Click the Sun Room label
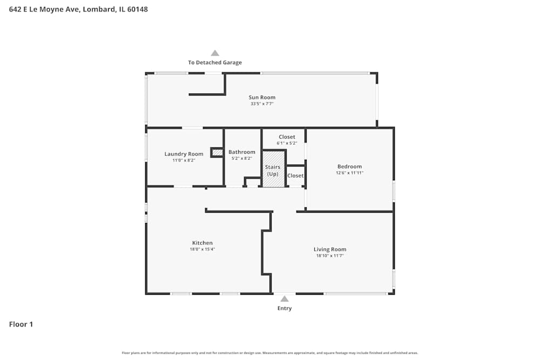pyautogui.click(x=262, y=98)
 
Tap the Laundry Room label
pyautogui.click(x=184, y=154)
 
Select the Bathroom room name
pyautogui.click(x=241, y=152)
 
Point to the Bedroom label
pyautogui.click(x=349, y=166)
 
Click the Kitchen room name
pyautogui.click(x=202, y=243)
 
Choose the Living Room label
pyautogui.click(x=329, y=249)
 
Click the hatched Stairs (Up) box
pyautogui.click(x=273, y=169)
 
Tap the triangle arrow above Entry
pyautogui.click(x=284, y=298)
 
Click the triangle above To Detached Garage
pyautogui.click(x=215, y=53)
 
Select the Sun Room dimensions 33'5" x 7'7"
pyautogui.click(x=262, y=104)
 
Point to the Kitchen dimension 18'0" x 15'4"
pyautogui.click(x=202, y=249)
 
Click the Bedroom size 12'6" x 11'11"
pyautogui.click(x=349, y=173)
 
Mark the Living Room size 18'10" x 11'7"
pyautogui.click(x=329, y=256)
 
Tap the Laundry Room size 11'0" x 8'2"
pyautogui.click(x=184, y=160)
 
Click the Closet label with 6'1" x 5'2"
pyautogui.click(x=287, y=137)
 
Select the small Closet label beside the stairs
pyautogui.click(x=295, y=175)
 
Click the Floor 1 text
pyautogui.click(x=21, y=324)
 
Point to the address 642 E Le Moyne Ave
pyautogui.click(x=78, y=9)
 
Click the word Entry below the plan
pyautogui.click(x=284, y=309)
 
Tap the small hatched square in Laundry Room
pyautogui.click(x=217, y=153)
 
